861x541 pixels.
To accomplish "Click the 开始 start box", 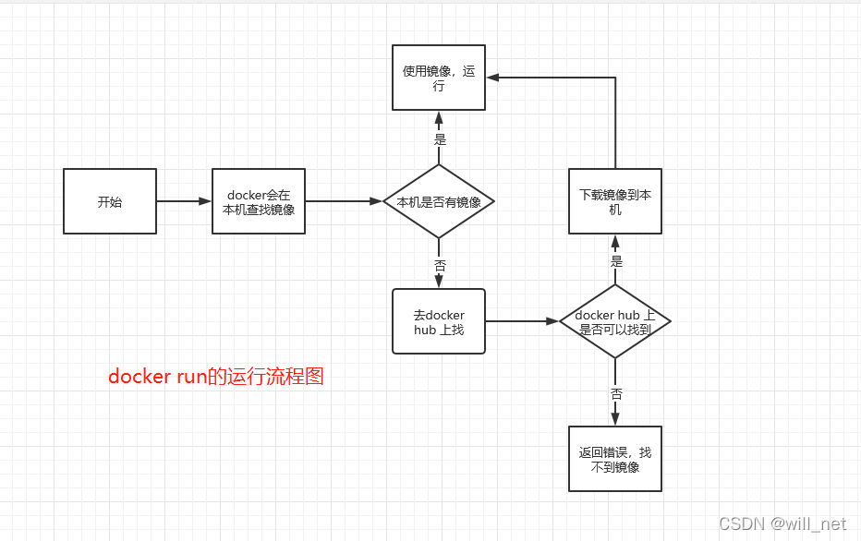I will tap(110, 201).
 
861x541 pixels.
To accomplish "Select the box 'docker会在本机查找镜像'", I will tap(259, 201).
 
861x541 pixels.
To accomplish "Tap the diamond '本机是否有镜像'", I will tap(439, 201).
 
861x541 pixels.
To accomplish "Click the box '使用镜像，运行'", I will tap(439, 78).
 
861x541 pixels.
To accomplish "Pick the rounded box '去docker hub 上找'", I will tap(439, 321).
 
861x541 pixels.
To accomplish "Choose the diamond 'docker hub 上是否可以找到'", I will tap(614, 321).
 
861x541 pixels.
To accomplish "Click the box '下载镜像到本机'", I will tap(614, 201).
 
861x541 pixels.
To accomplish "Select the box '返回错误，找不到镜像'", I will tap(614, 459).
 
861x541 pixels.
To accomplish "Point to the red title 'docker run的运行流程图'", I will tap(216, 377).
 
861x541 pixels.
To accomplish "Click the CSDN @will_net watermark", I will tap(782, 523).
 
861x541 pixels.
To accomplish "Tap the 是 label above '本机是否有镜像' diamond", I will tap(440, 139).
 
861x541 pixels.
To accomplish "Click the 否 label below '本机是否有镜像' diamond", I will tap(440, 265).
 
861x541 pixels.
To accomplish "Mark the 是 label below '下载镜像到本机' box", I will tap(616, 261).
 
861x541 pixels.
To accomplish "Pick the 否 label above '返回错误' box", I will tap(616, 393).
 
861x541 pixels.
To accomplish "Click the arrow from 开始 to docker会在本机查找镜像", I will tap(184, 201).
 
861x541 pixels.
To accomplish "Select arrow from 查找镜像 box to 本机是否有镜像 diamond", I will tap(344, 201).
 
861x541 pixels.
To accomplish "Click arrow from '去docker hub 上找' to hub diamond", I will tap(522, 321).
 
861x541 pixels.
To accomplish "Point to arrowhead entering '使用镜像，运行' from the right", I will tap(493, 78).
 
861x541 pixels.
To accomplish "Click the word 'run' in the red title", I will tap(187, 377).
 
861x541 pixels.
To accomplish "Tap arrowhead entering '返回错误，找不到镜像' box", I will tap(614, 420).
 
